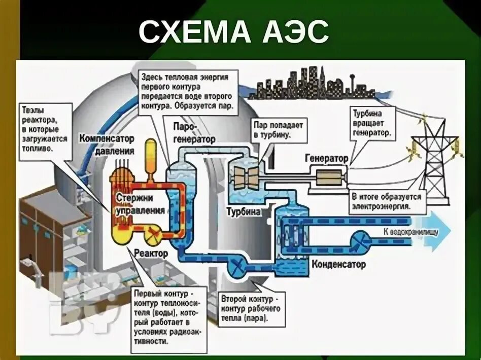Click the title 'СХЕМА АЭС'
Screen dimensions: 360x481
tap(234, 33)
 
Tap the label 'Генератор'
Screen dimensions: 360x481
tap(326, 159)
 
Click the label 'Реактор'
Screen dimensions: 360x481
tap(151, 253)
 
